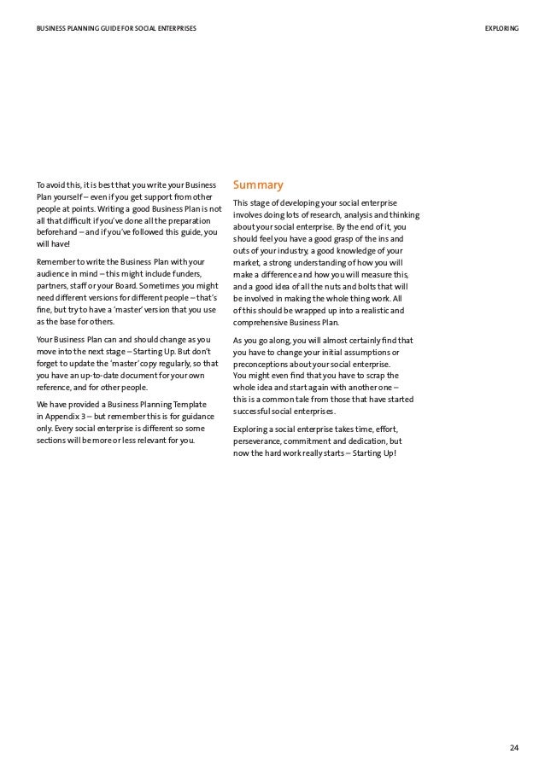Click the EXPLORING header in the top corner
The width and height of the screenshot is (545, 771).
click(501, 29)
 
